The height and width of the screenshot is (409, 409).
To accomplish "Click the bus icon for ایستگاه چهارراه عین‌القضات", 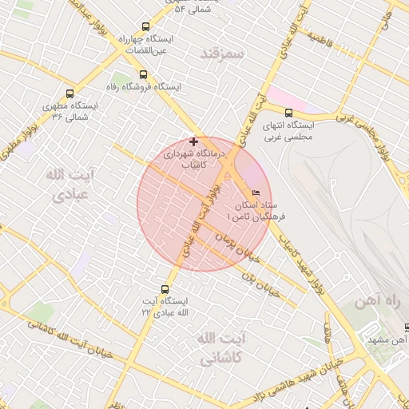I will click(144, 26).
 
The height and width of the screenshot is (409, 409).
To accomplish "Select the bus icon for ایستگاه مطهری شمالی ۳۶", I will click(71, 93).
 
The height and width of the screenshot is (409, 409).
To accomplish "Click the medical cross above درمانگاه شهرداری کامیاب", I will click(193, 141).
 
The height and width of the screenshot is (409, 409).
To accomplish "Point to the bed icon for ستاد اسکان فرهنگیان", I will click(256, 193).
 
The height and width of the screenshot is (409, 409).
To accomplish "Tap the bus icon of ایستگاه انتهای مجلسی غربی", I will click(288, 113).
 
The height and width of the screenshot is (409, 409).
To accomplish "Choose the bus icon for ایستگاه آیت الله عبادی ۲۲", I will click(165, 289).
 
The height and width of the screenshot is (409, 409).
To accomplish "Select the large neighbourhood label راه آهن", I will click(376, 302).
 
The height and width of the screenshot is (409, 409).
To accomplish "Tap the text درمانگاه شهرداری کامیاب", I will click(197, 158).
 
